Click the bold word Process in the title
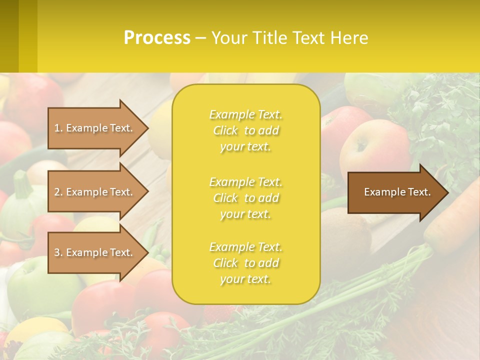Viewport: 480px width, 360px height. pyautogui.click(x=157, y=37)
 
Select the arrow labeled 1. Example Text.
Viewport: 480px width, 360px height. pyautogui.click(x=95, y=128)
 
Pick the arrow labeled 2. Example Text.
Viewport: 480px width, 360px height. pyautogui.click(x=95, y=192)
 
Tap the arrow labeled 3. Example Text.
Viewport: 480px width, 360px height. pyautogui.click(x=95, y=252)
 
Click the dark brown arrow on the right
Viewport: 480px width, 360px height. pyautogui.click(x=395, y=192)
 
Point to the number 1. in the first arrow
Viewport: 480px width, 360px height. pyautogui.click(x=58, y=128)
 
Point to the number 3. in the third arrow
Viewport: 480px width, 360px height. pyautogui.click(x=58, y=252)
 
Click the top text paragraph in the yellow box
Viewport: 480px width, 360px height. pyautogui.click(x=245, y=130)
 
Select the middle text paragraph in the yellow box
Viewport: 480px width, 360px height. pyautogui.click(x=245, y=197)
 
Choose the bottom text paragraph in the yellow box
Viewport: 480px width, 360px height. pyautogui.click(x=245, y=263)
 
